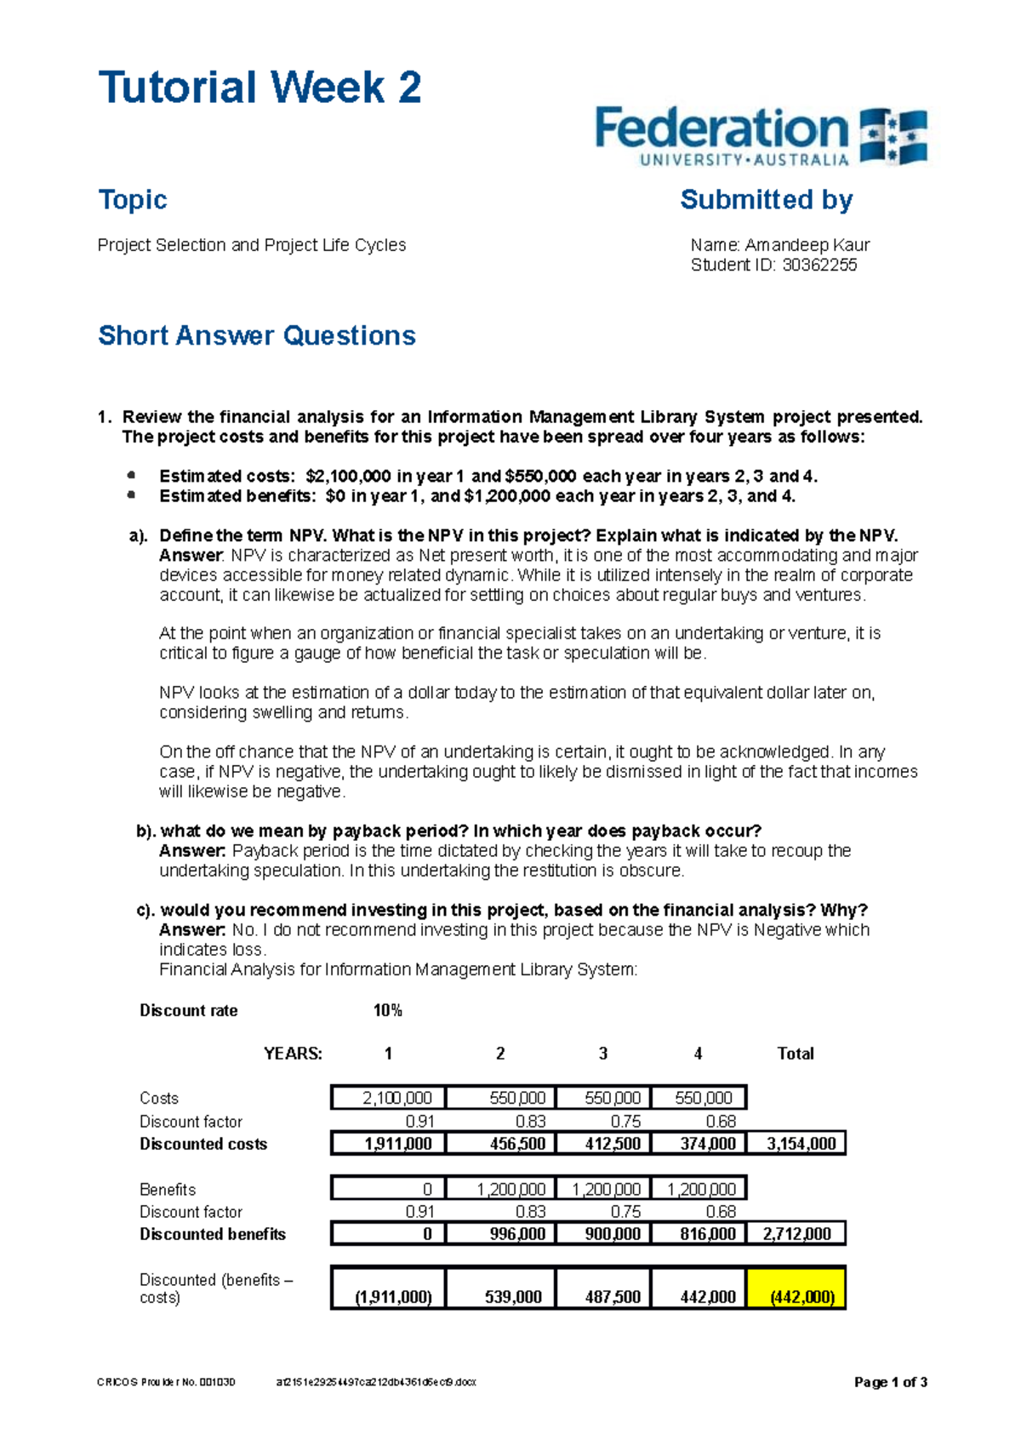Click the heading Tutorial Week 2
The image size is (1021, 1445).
coord(260,88)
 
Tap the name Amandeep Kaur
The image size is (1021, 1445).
coord(807,245)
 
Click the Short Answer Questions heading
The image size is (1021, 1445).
coord(257,335)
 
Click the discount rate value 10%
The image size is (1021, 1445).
coord(387,1010)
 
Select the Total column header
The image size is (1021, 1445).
coord(796,1054)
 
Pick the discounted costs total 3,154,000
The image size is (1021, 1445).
coord(801,1144)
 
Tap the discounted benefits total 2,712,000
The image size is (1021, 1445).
coord(797,1234)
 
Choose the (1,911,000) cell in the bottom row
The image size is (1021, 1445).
coord(393,1297)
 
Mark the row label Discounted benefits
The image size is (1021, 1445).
coord(213,1234)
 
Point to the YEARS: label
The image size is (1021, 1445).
coord(293,1054)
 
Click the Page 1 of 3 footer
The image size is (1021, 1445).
coord(890,1382)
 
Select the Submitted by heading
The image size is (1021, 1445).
coord(766,199)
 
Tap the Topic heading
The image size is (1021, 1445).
coord(133,199)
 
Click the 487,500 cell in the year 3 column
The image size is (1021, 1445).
coord(613,1297)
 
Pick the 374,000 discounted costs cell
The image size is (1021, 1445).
coord(708,1144)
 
